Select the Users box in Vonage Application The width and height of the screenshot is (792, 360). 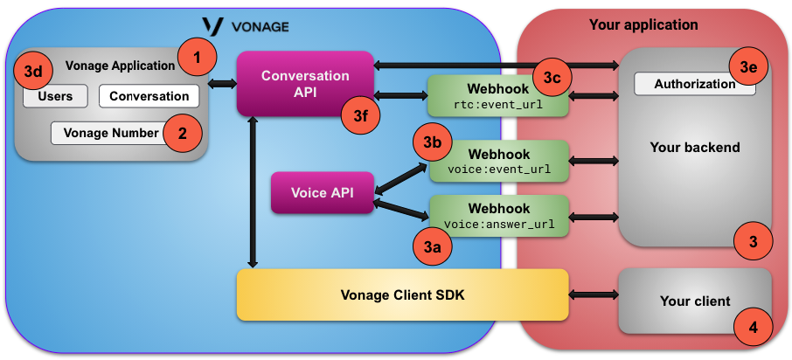(55, 96)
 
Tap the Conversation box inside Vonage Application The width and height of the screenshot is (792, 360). (149, 96)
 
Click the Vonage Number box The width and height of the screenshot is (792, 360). (106, 133)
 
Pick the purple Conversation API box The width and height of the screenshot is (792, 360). (305, 83)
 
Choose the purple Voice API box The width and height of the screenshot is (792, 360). (323, 193)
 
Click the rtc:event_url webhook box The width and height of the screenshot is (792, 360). (497, 96)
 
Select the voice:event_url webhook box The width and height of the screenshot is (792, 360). (497, 161)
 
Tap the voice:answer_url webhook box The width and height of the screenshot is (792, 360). (498, 216)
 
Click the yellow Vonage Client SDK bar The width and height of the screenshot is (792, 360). (402, 294)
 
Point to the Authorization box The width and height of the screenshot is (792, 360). (694, 84)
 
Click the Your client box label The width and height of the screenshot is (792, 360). (695, 301)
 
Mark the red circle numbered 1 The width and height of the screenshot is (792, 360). (197, 58)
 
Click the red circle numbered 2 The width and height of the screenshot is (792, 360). (183, 133)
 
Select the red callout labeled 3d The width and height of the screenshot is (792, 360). (32, 72)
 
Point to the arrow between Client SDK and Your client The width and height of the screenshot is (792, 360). (594, 294)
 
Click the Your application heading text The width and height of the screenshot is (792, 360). (643, 24)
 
